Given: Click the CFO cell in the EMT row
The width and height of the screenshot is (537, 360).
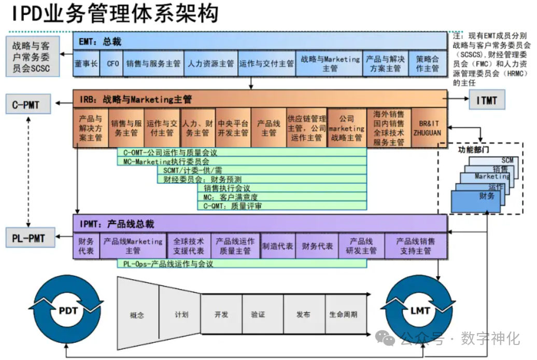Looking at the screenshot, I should [112, 64].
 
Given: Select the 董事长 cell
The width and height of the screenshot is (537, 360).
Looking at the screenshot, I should [86, 64].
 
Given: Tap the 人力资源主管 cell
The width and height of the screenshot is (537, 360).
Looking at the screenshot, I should [210, 64].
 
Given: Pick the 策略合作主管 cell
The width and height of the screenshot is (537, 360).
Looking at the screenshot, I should [427, 64].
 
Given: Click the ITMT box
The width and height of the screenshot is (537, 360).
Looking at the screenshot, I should [486, 100].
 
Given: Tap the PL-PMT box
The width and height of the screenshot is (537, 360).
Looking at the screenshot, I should [29, 238].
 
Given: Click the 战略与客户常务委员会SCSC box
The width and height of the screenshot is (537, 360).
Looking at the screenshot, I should [32, 54].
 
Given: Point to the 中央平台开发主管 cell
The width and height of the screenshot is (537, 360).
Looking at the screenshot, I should [233, 128].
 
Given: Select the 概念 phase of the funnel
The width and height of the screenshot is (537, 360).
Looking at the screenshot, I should [137, 314].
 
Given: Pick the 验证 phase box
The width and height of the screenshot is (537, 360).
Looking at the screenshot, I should [258, 314].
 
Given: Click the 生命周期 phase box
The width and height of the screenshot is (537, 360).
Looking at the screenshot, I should [343, 314].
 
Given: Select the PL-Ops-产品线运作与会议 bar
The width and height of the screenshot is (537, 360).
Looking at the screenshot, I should [242, 264].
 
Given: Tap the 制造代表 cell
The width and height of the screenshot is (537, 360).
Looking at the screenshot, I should [277, 246].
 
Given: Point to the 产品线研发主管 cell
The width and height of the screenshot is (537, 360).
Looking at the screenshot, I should [361, 246].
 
